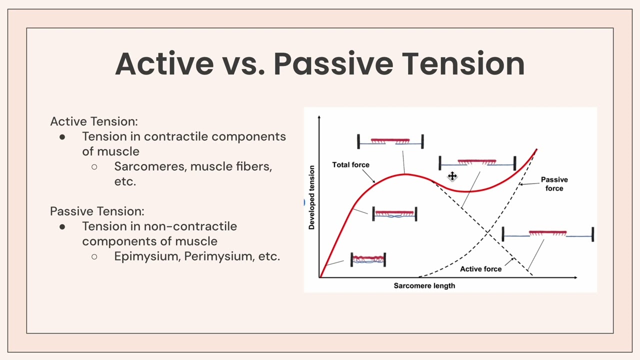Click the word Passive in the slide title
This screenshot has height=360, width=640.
[x=334, y=64]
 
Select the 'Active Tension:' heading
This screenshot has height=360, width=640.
[x=94, y=121]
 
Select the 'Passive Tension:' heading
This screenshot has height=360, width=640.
[x=97, y=211]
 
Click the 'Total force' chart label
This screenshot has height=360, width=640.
[x=350, y=165]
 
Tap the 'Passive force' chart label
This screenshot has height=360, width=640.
[x=554, y=184]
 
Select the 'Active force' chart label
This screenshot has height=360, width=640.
[x=480, y=269]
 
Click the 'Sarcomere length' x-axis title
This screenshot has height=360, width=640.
[x=424, y=286]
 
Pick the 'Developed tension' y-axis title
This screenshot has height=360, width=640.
[x=312, y=197]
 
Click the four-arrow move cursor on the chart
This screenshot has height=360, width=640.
[x=452, y=176]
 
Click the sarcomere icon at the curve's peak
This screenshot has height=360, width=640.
[x=390, y=142]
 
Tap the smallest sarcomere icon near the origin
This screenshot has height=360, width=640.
[x=368, y=259]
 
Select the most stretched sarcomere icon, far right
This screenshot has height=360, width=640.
[x=547, y=234]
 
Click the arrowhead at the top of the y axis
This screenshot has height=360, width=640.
[x=319, y=117]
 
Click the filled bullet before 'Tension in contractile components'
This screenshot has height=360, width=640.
[x=62, y=137]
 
